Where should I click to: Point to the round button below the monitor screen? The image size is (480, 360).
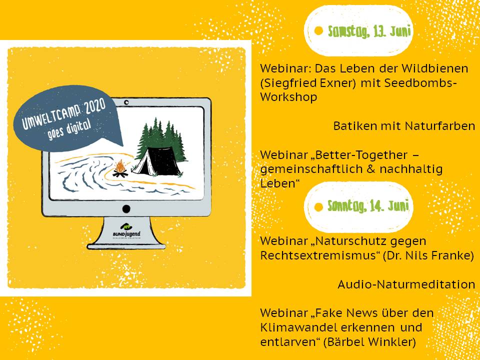point(126,209)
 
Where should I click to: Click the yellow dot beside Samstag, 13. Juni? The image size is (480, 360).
point(318,31)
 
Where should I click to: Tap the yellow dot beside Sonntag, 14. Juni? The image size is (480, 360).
point(318,207)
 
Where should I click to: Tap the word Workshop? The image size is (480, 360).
point(288,97)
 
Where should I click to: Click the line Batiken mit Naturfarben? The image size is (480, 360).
point(404,126)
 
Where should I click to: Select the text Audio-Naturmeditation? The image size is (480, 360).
point(406,284)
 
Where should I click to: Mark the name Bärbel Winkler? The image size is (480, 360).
point(369,342)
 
